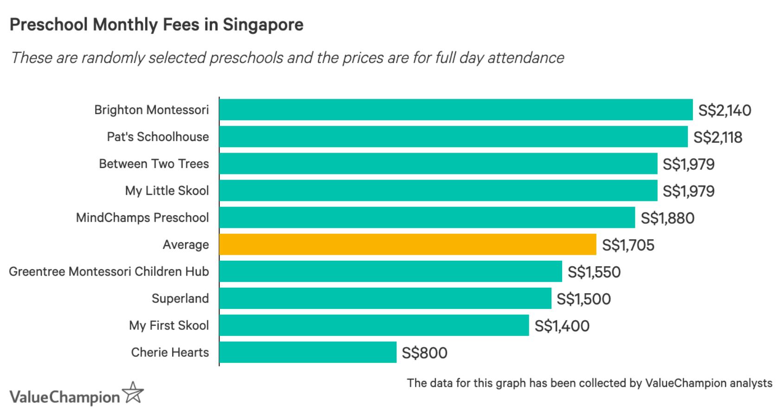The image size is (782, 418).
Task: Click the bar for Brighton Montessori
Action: pyautogui.click(x=455, y=109)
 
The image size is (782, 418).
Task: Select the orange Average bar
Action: pyautogui.click(x=407, y=244)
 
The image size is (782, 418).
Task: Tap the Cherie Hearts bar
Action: pyautogui.click(x=308, y=352)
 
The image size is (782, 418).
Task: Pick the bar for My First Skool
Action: pyautogui.click(x=374, y=325)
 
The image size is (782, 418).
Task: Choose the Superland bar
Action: pyautogui.click(x=385, y=298)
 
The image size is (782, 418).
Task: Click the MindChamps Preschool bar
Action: pyautogui.click(x=427, y=218)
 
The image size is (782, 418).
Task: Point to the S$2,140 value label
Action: pyautogui.click(x=724, y=110)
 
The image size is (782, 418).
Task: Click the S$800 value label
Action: pyautogui.click(x=424, y=353)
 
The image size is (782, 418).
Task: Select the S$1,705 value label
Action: pyautogui.click(x=628, y=245)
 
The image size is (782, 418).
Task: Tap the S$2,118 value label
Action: pyautogui.click(x=718, y=137)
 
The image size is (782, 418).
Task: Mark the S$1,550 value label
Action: pyautogui.click(x=594, y=272)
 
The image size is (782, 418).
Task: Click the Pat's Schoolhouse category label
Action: pyautogui.click(x=158, y=137)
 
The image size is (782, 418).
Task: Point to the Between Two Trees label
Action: pyautogui.click(x=154, y=164)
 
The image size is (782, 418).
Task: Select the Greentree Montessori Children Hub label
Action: pyautogui.click(x=109, y=271)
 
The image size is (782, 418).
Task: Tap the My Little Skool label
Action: pyautogui.click(x=167, y=191)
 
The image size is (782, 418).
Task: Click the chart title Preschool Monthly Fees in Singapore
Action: pyautogui.click(x=156, y=25)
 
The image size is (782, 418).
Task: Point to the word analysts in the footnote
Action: pyautogui.click(x=751, y=383)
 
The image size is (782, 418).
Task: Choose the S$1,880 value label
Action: pyautogui.click(x=667, y=218)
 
